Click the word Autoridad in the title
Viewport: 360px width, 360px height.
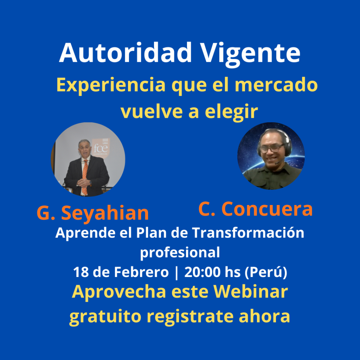(126, 53)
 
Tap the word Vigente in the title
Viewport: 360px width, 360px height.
(250, 54)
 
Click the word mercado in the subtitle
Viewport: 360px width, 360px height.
(276, 84)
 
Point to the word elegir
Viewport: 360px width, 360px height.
(231, 112)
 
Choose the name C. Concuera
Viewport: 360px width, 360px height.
(255, 209)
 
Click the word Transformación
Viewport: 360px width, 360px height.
(248, 233)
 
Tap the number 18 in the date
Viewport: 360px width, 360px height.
(81, 272)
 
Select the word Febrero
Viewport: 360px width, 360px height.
(141, 272)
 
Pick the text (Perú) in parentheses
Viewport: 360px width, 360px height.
(266, 273)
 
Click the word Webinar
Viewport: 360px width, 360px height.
(250, 291)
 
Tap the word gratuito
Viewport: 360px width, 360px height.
(105, 317)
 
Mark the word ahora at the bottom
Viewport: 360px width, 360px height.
(264, 316)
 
